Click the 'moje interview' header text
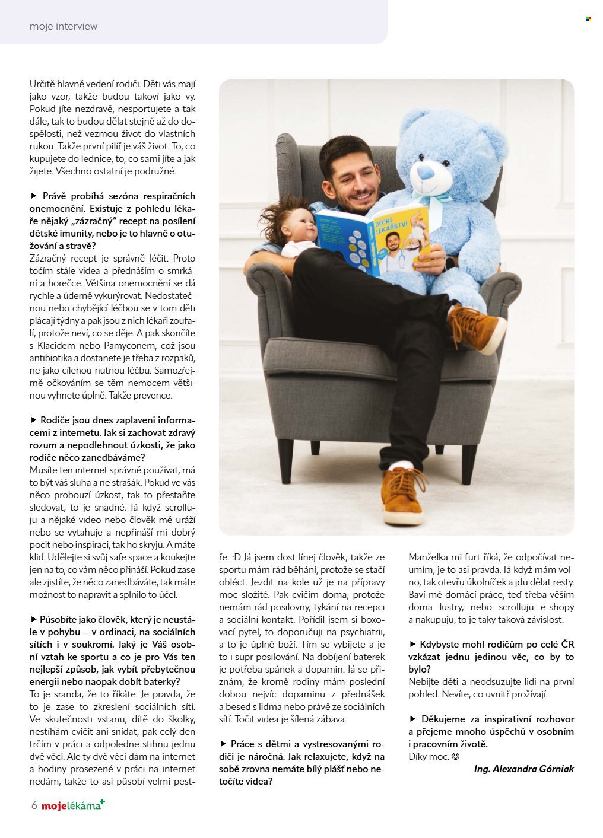tap(63, 26)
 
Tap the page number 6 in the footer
tap(34, 805)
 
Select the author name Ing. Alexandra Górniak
tap(523, 769)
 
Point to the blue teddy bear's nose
tap(426, 172)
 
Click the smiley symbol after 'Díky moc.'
tap(456, 756)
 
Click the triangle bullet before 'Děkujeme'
tap(413, 719)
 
